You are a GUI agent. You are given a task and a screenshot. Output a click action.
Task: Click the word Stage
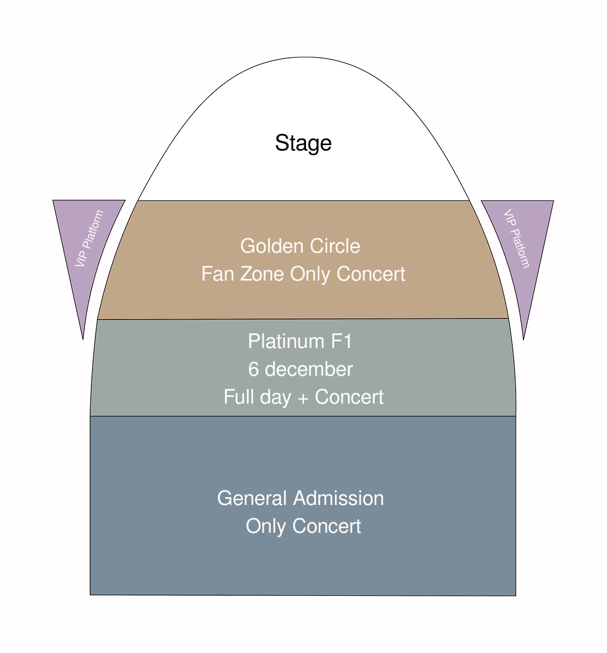pos(303,143)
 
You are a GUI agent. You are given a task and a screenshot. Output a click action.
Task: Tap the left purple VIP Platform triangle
pos(90,239)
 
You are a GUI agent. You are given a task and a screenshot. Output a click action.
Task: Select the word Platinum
pos(286,341)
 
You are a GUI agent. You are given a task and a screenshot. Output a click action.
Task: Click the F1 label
pos(342,341)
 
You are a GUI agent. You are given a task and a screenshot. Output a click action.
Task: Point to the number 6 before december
pos(254,369)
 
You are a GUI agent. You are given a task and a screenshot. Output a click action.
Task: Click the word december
pos(308,369)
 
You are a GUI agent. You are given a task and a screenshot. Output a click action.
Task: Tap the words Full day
pos(257,397)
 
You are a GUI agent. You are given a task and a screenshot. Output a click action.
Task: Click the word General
pos(252,498)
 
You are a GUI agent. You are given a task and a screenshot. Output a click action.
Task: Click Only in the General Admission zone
pos(266,527)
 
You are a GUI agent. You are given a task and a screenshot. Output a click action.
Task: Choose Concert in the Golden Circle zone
pos(371,274)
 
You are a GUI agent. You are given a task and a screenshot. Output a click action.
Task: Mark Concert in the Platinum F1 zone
pos(349,397)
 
